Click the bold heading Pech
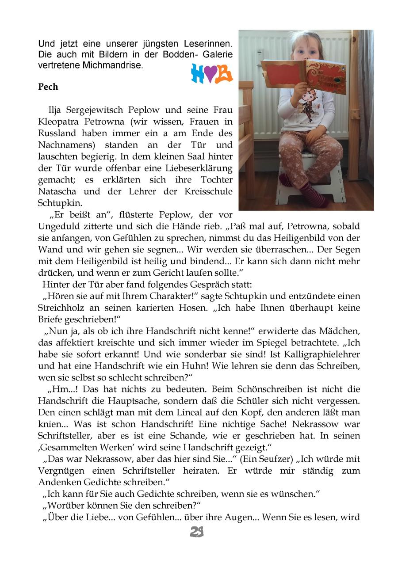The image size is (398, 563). tap(48, 87)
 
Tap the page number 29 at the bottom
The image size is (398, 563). tap(197, 533)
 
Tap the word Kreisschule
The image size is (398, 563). tap(210, 192)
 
